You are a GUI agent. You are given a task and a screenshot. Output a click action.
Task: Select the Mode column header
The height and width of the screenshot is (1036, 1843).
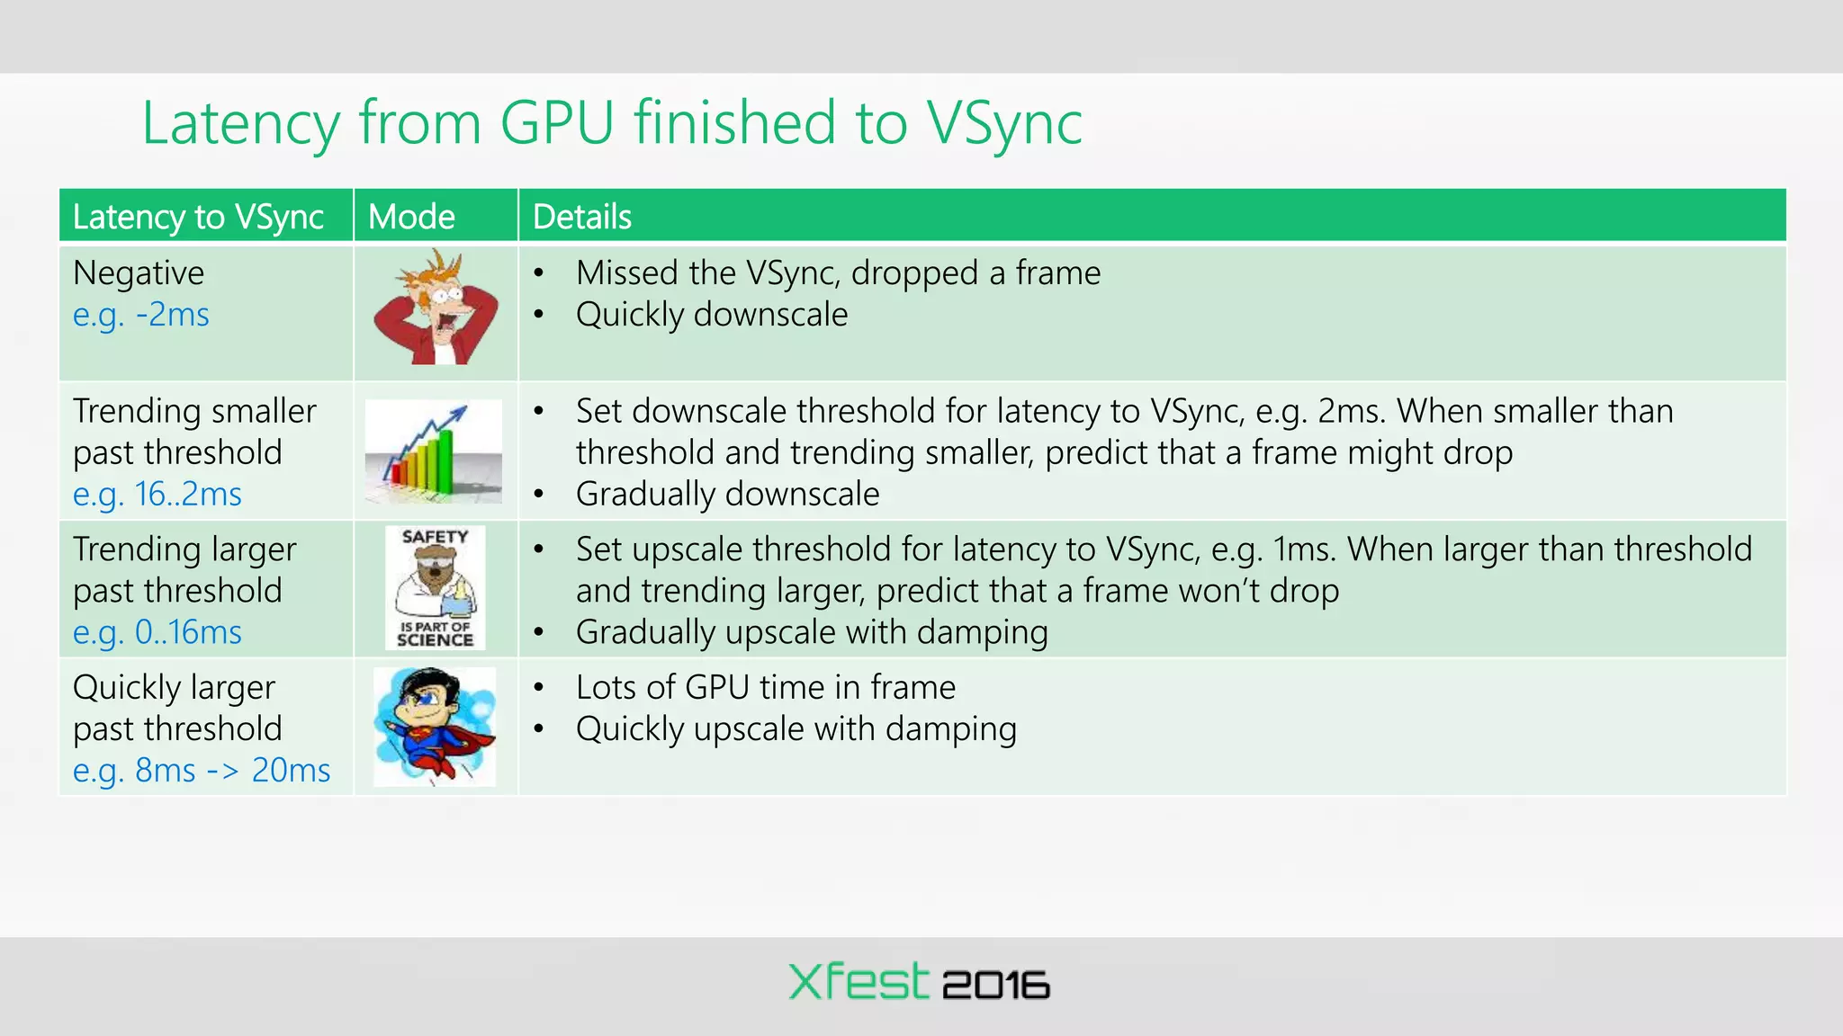tap(411, 217)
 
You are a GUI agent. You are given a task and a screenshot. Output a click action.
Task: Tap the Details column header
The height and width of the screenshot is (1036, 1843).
tap(581, 217)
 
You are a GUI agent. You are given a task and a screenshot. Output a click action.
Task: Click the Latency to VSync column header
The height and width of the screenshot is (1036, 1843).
tap(198, 217)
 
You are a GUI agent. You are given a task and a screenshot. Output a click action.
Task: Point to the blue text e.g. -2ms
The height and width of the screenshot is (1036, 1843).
tap(141, 315)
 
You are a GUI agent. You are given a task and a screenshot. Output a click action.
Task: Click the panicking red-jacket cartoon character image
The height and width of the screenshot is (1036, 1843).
tap(436, 308)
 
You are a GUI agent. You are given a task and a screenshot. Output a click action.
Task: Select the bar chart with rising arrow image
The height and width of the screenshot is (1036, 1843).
tap(434, 451)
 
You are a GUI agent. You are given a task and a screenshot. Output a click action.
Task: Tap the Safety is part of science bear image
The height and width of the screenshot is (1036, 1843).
tap(436, 588)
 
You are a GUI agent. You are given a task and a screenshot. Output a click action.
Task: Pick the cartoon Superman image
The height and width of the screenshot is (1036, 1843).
tap(435, 727)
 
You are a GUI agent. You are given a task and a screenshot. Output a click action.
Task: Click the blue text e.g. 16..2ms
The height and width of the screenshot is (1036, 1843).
tap(157, 494)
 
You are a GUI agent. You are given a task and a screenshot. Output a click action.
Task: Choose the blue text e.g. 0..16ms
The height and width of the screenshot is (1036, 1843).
tap(157, 632)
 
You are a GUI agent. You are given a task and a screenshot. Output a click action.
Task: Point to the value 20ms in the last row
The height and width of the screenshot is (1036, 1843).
tap(291, 771)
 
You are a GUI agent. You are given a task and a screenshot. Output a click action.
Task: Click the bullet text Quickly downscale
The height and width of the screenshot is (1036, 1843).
tap(711, 315)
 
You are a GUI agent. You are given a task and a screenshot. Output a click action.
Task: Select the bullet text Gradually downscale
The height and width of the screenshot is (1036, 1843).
tap(727, 494)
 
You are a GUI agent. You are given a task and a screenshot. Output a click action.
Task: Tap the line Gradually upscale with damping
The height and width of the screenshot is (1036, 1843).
tap(812, 632)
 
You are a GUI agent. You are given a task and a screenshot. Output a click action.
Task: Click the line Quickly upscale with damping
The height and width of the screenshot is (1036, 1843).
tap(796, 728)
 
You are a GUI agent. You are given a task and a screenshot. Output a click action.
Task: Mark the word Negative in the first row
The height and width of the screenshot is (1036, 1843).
tap(139, 272)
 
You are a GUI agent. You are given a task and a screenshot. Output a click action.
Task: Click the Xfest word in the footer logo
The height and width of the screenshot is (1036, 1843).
tap(858, 981)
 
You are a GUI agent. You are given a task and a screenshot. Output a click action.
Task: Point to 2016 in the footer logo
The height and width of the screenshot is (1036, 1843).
tap(995, 986)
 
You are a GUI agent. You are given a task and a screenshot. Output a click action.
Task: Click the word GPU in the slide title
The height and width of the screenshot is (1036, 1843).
tap(557, 123)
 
